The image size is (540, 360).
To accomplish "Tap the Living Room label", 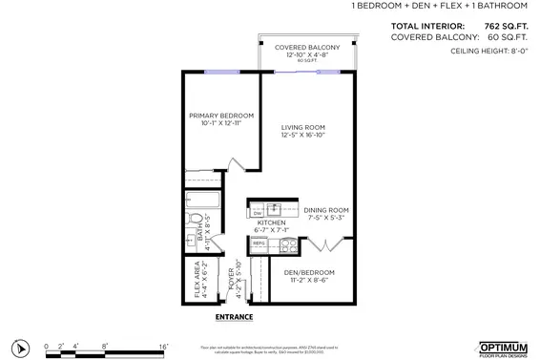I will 303,131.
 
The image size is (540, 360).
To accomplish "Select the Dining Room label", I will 326,213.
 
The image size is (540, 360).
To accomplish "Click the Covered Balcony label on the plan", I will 306,51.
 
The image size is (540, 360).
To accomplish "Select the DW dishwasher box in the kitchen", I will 258,212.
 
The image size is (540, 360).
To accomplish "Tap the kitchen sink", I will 275,208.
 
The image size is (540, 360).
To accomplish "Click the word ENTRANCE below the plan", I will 234,316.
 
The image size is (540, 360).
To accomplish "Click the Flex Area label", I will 201,278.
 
